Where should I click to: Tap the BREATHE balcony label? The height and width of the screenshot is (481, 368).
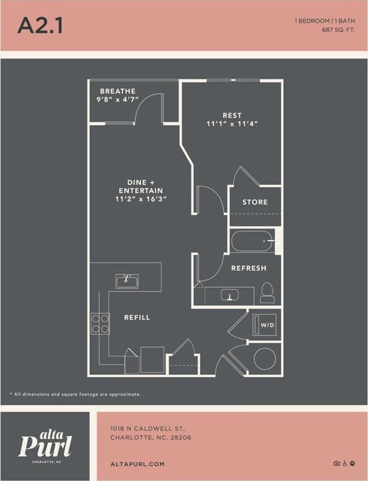pyautogui.click(x=117, y=91)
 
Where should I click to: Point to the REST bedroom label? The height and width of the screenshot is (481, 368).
pyautogui.click(x=232, y=115)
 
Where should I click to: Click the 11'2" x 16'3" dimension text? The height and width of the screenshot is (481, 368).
pyautogui.click(x=141, y=199)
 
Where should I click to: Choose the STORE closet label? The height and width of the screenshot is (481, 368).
pyautogui.click(x=255, y=202)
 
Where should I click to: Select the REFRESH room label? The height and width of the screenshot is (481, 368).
pyautogui.click(x=248, y=268)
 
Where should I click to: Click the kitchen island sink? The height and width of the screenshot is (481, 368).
pyautogui.click(x=127, y=281)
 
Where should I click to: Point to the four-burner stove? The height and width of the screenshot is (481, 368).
pyautogui.click(x=101, y=323)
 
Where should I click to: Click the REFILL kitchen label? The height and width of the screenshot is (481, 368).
pyautogui.click(x=137, y=317)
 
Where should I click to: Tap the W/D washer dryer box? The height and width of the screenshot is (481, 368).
pyautogui.click(x=267, y=325)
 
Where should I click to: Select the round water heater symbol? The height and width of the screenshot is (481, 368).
pyautogui.click(x=264, y=359)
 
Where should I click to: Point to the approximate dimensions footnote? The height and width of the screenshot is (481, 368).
pyautogui.click(x=75, y=394)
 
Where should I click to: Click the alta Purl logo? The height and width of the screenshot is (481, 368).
pyautogui.click(x=45, y=444)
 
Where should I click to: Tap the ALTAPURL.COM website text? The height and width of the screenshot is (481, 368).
pyautogui.click(x=137, y=464)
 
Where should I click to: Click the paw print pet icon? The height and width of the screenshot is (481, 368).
pyautogui.click(x=353, y=463)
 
